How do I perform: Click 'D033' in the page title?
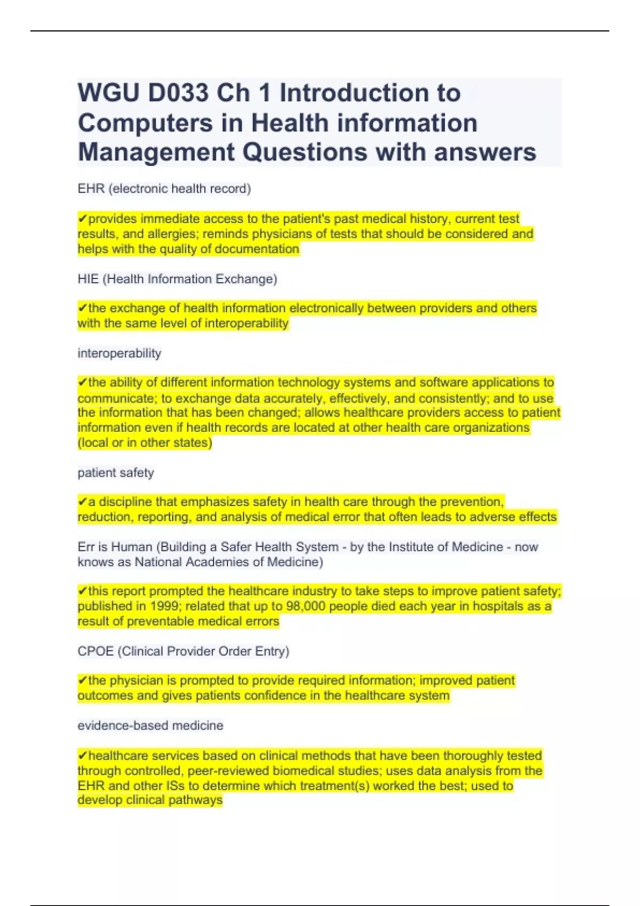[178, 93]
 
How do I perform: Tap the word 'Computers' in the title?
[145, 123]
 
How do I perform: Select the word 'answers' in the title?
[485, 152]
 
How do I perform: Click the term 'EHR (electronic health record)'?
[164, 189]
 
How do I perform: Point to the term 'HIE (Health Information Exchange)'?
[177, 279]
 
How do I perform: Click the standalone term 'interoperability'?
[119, 353]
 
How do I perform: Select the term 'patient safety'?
[116, 473]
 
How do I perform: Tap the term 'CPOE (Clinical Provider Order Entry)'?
[183, 651]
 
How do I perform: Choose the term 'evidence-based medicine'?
[150, 725]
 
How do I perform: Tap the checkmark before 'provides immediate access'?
[82, 219]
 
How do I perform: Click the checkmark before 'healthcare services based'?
[82, 756]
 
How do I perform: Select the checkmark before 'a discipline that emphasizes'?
[82, 502]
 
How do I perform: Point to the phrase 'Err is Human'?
[115, 547]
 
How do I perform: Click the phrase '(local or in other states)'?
[145, 442]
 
